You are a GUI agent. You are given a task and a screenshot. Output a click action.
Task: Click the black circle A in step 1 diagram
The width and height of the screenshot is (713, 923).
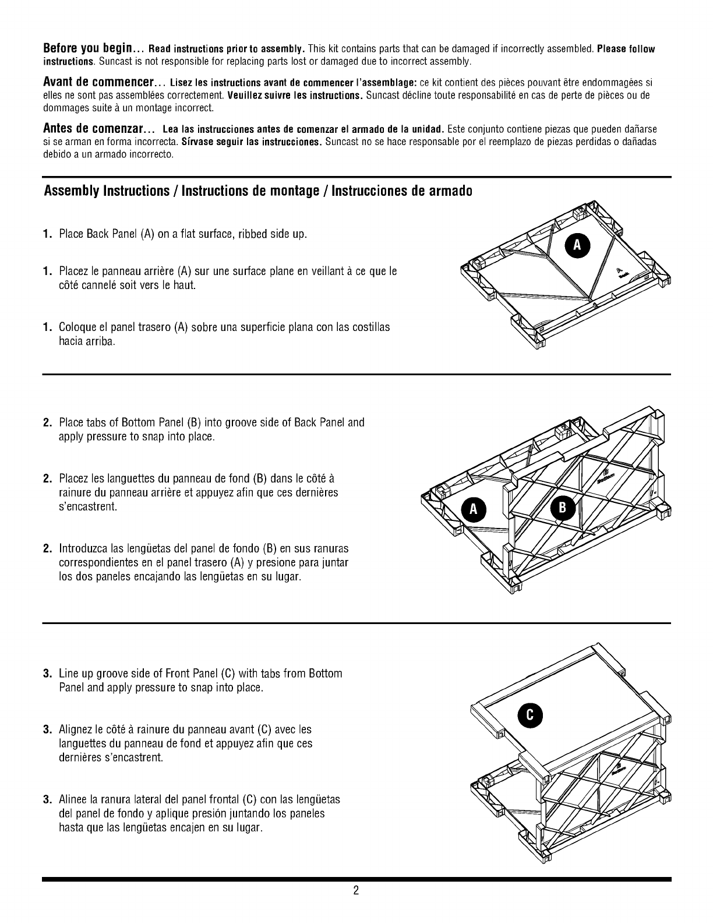(x=577, y=245)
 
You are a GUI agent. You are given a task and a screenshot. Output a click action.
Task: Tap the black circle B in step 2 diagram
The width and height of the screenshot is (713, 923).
(x=562, y=508)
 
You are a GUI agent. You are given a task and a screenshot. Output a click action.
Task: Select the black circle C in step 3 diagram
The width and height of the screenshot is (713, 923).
(x=530, y=716)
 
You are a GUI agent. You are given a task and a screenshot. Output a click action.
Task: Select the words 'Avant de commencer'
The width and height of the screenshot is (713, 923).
(x=98, y=82)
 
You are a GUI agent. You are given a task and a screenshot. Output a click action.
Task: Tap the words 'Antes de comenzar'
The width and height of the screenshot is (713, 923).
(x=93, y=128)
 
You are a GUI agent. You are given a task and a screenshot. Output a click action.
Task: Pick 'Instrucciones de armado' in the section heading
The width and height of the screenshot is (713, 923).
(x=402, y=191)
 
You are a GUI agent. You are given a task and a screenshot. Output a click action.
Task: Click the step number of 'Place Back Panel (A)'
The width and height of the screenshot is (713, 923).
(x=48, y=234)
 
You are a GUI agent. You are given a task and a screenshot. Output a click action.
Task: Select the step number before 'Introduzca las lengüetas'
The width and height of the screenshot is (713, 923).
(x=48, y=548)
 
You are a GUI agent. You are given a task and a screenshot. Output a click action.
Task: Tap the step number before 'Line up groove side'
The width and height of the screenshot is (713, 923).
(x=48, y=674)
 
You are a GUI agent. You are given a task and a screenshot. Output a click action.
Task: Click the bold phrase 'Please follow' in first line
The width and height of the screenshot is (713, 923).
(x=626, y=49)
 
